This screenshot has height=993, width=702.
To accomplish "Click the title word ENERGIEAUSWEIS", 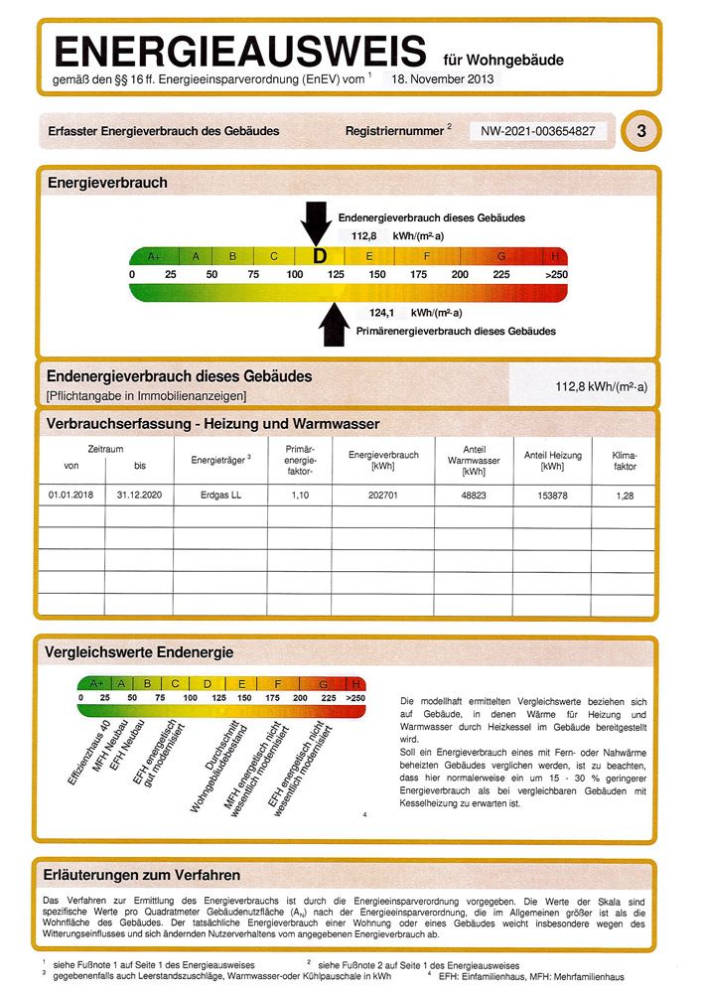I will (x=239, y=51).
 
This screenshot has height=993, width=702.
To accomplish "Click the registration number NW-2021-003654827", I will (x=538, y=131).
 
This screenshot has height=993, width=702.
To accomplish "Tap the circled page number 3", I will (x=641, y=131).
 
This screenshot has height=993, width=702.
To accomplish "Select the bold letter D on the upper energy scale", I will (x=319, y=256).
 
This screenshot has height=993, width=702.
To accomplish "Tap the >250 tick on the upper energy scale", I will (x=556, y=274).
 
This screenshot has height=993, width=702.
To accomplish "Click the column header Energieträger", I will (x=217, y=459).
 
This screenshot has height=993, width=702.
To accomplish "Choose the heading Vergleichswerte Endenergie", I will (x=140, y=652).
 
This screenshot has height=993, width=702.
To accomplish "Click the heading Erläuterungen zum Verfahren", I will (x=143, y=875).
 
